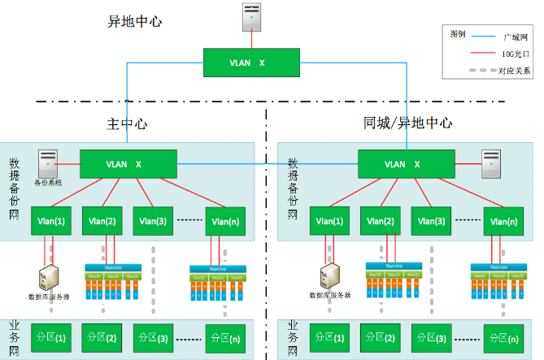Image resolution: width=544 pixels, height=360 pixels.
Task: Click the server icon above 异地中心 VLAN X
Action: coord(252,18)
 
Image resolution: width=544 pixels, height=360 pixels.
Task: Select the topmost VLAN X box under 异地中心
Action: coord(251,63)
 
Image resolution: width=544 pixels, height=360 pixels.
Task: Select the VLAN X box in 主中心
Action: coord(128,164)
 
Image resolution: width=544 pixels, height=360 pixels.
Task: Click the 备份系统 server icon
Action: coord(48,163)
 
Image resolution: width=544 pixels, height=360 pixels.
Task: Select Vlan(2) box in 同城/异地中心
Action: coord(385,221)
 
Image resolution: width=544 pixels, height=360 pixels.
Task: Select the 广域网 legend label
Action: coord(516,37)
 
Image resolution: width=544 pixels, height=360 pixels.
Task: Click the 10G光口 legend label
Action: coord(516,54)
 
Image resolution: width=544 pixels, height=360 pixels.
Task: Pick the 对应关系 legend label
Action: coord(514,71)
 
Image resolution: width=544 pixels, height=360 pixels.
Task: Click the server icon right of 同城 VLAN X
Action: coord(490,163)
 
